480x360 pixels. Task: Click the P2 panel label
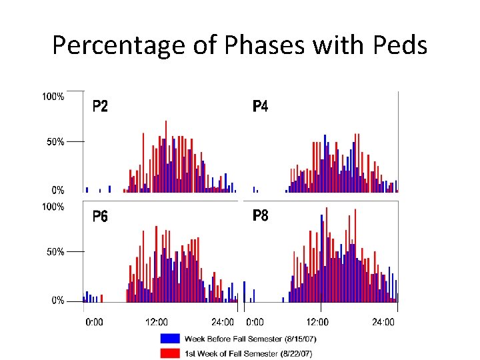coord(99,106)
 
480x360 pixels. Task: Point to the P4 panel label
coord(260,106)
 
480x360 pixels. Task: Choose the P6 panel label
coord(100,216)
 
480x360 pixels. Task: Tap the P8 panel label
coord(260,216)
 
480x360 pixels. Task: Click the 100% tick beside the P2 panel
coord(53,97)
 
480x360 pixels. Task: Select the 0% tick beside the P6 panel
coord(57,301)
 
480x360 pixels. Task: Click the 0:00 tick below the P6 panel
coord(94,323)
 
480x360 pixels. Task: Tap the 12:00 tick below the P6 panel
coord(157,323)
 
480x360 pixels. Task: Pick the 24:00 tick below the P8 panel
coord(383,323)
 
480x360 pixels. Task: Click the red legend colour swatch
coord(170,353)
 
